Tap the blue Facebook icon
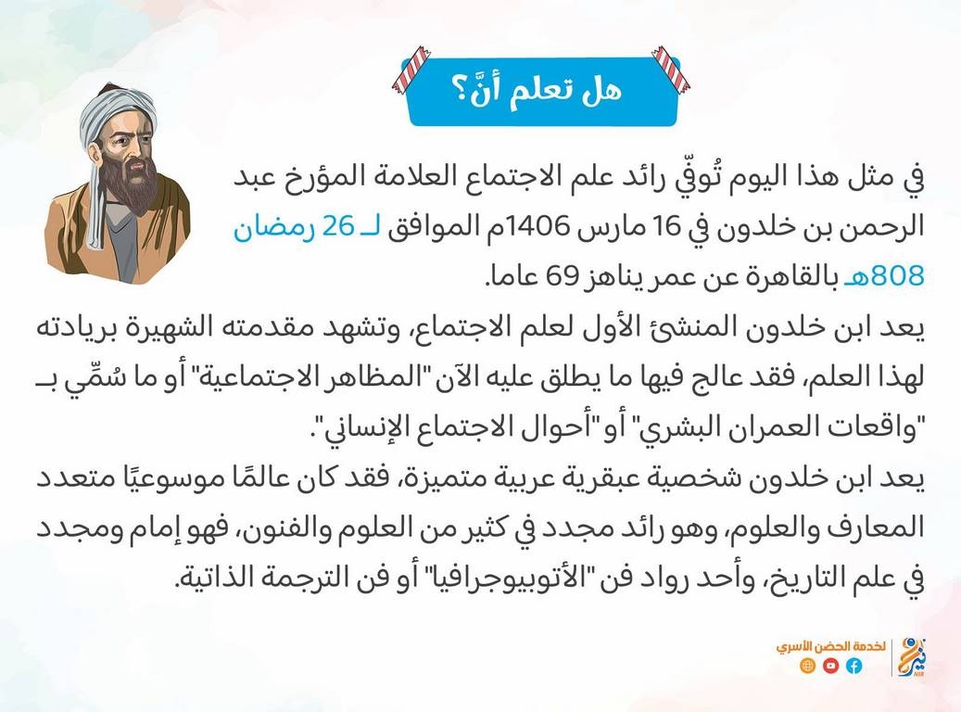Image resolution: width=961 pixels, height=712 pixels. coord(854,666)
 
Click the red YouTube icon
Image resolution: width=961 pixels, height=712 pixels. coord(830,666)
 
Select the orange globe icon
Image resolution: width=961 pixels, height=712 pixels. coord(808,666)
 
